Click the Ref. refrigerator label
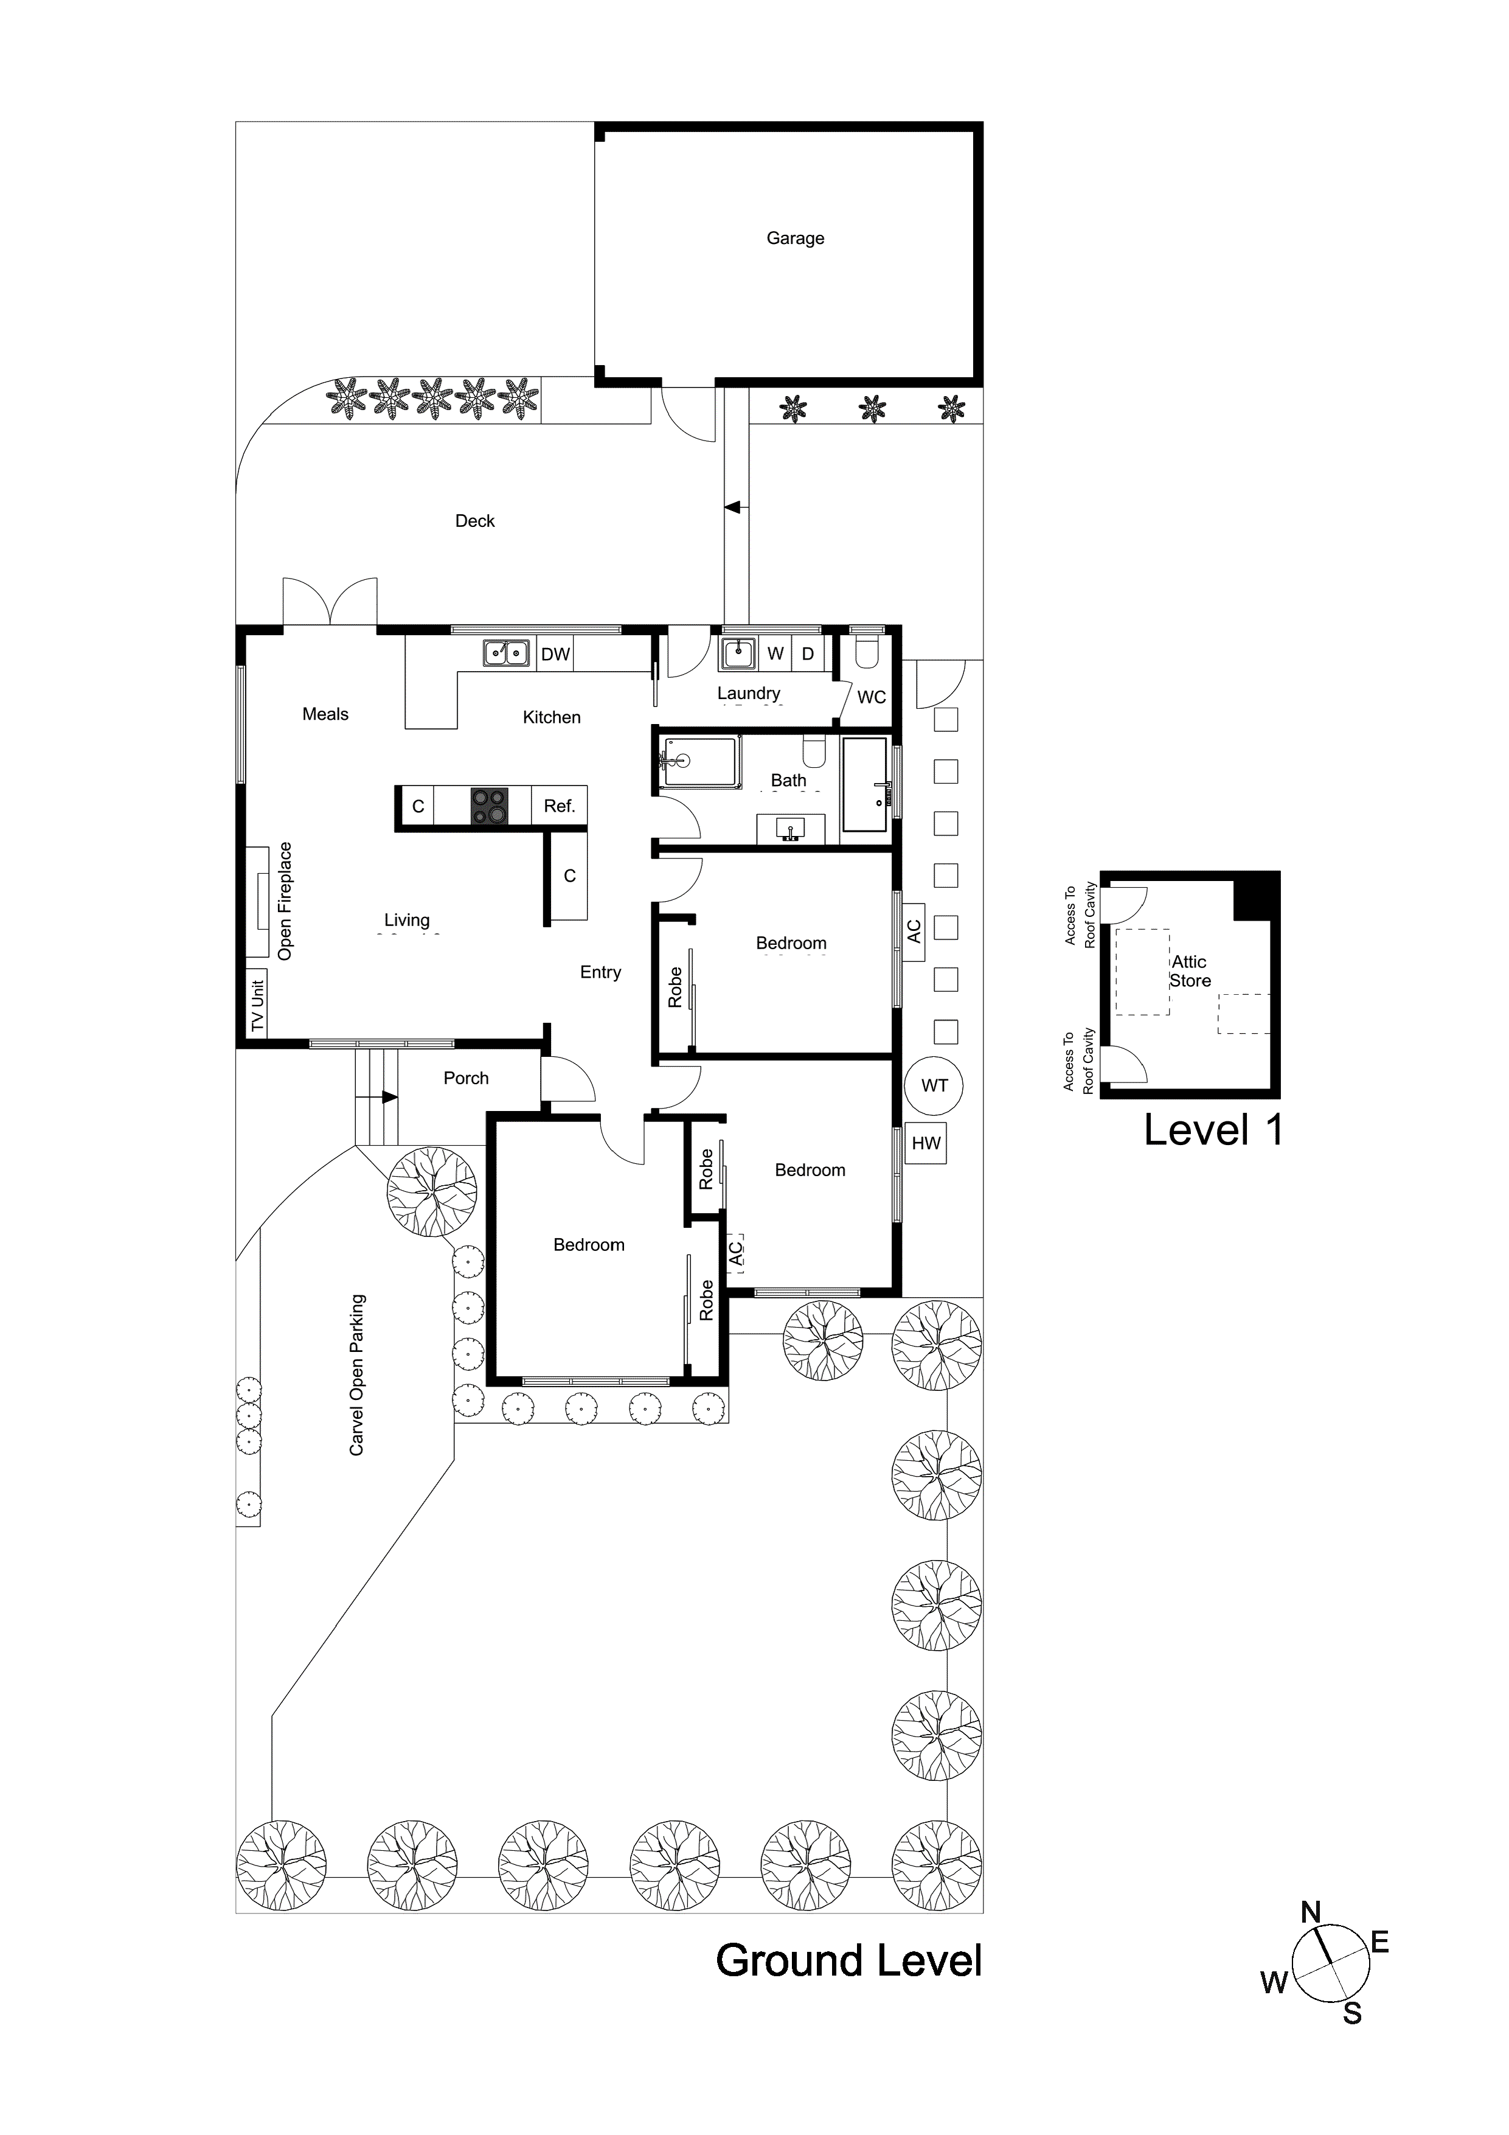tap(560, 806)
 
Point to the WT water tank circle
tap(934, 1085)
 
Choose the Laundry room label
tap(749, 693)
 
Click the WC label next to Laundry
tap(871, 697)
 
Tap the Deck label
tap(474, 521)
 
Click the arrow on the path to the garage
tap(733, 507)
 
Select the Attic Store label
tap(1190, 971)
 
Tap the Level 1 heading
tap(1213, 1130)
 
